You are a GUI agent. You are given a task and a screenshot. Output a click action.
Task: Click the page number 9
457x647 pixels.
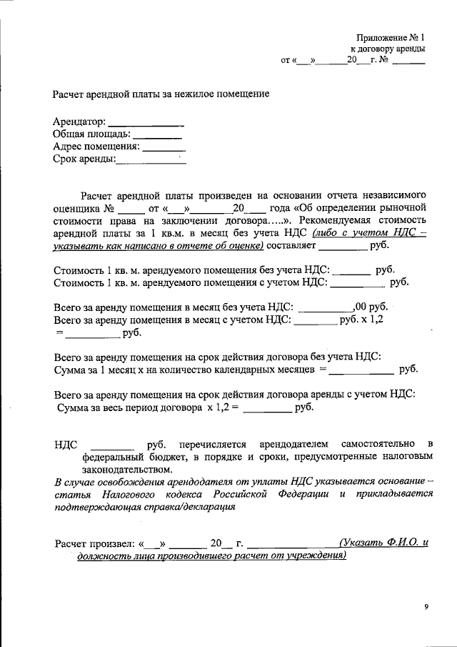click(426, 607)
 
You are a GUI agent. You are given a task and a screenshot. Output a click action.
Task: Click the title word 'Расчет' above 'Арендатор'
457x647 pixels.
click(69, 94)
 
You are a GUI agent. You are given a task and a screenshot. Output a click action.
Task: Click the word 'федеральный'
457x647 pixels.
click(111, 456)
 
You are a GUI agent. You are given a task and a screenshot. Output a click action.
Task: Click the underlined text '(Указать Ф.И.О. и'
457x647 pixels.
click(384, 543)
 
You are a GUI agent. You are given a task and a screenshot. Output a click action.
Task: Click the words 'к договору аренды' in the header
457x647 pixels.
click(388, 49)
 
